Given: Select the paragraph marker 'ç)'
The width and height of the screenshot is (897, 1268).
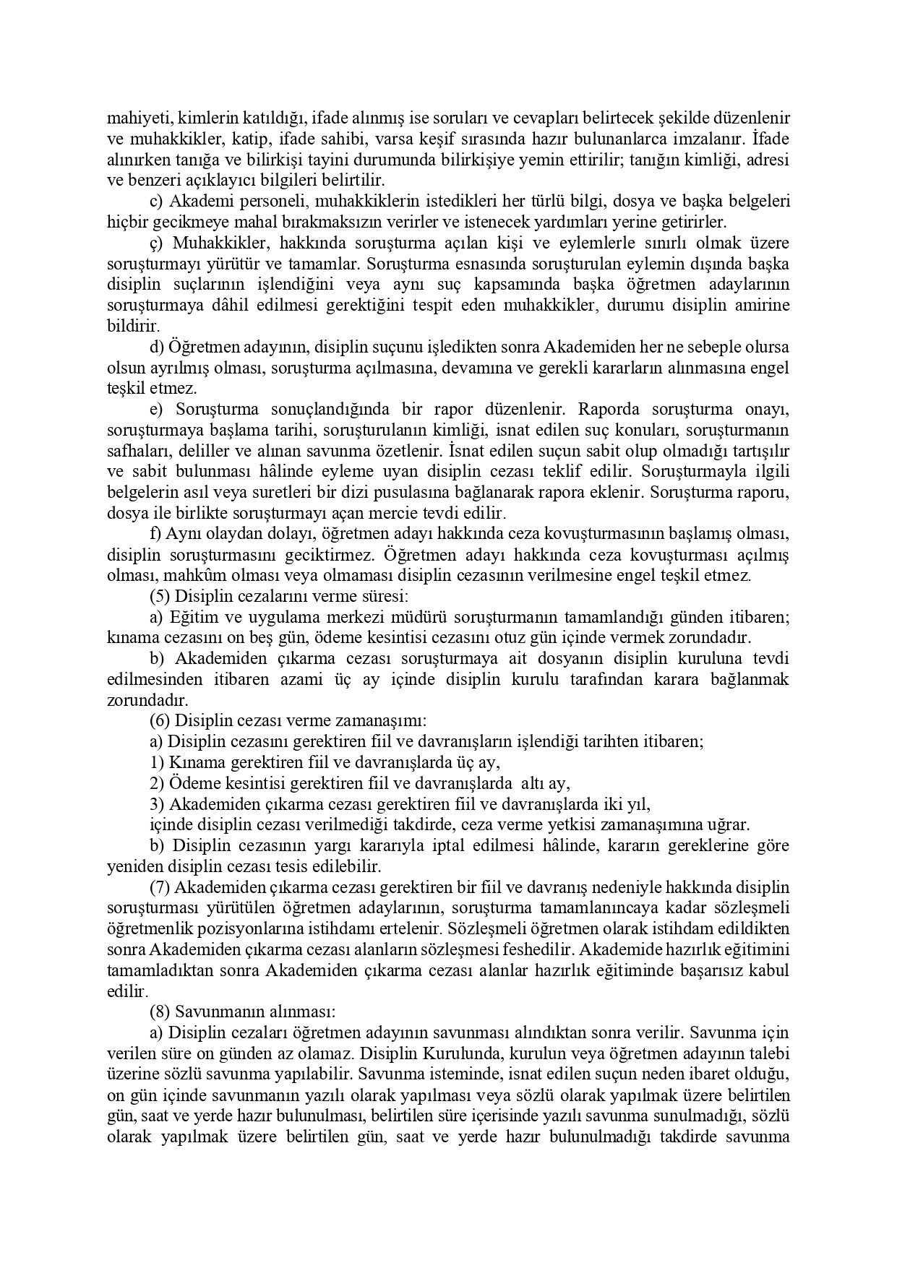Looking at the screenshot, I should (157, 243).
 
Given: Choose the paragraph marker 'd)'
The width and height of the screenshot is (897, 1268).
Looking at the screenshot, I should (157, 348).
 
